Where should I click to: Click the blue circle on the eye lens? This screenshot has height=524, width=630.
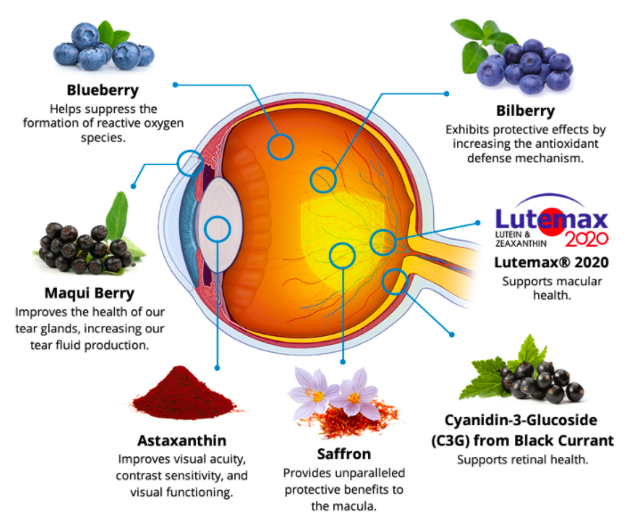217,230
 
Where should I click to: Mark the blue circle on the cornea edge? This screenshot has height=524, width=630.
189,162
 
